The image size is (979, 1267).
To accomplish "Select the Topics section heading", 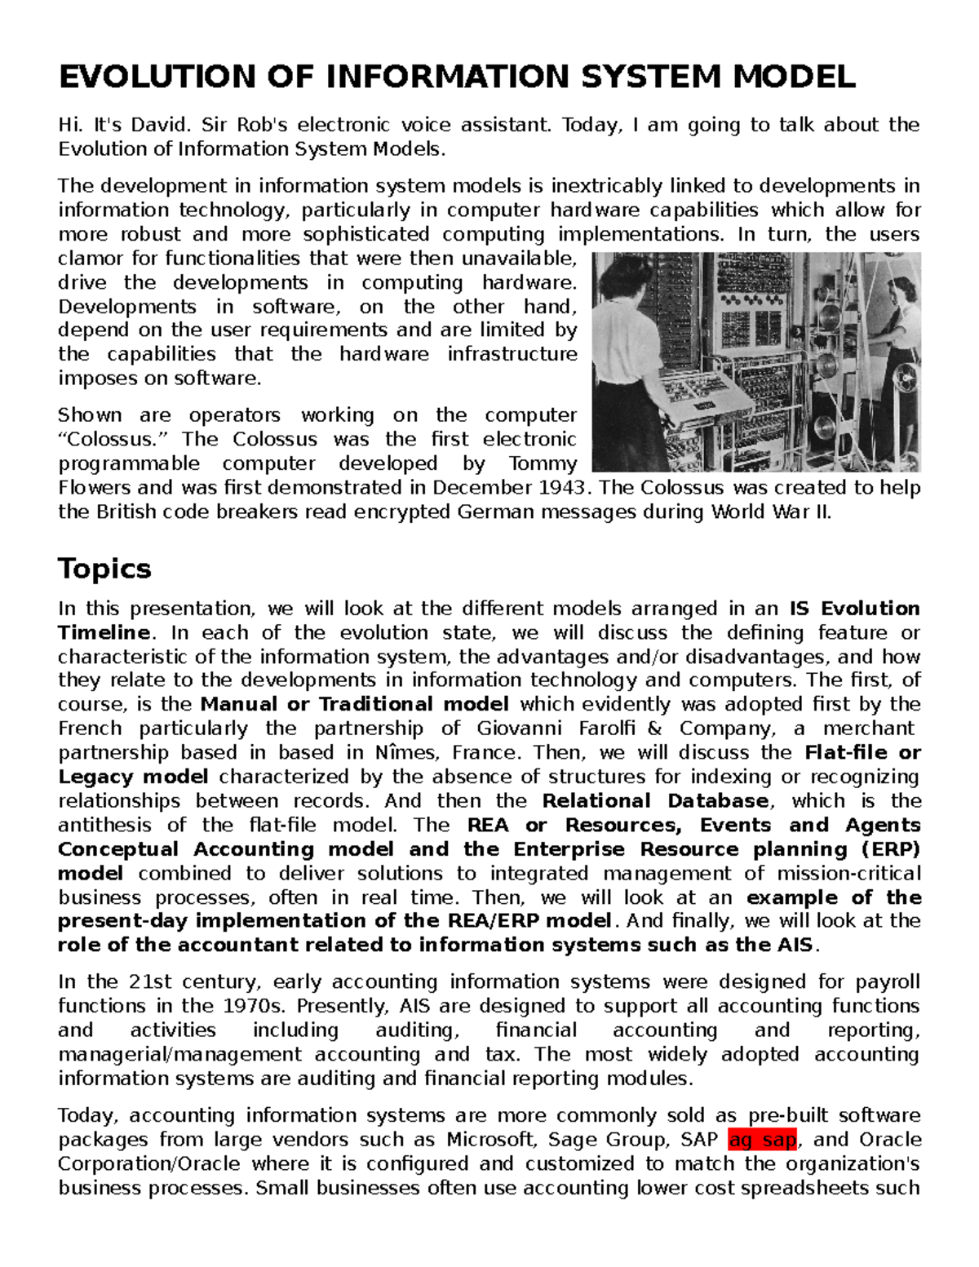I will [x=104, y=568].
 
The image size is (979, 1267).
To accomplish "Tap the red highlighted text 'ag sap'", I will [x=762, y=1140].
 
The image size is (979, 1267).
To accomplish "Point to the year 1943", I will [x=562, y=488].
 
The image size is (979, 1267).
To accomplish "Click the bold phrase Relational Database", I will [x=655, y=800].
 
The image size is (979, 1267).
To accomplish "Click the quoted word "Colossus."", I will [x=109, y=439].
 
